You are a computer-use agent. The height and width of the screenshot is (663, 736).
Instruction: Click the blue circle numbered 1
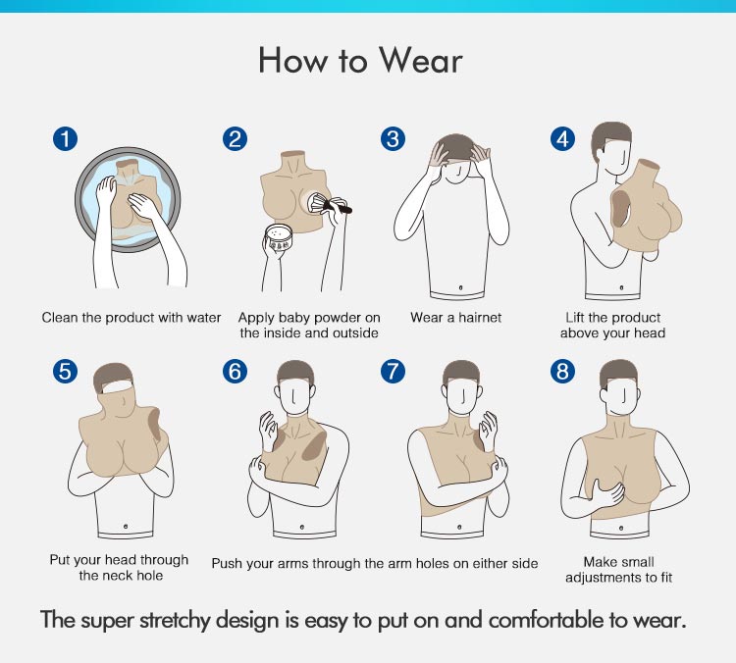pyautogui.click(x=65, y=139)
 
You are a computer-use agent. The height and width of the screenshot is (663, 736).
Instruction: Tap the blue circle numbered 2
pyautogui.click(x=235, y=139)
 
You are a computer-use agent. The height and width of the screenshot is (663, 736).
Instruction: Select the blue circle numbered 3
pyautogui.click(x=393, y=139)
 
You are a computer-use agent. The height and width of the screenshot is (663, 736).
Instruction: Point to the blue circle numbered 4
pyautogui.click(x=562, y=139)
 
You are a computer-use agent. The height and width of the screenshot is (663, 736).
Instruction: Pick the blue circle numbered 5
pyautogui.click(x=65, y=371)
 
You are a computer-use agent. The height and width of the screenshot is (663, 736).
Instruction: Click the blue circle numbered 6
pyautogui.click(x=235, y=371)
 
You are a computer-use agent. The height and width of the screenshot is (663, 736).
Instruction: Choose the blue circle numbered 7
pyautogui.click(x=393, y=371)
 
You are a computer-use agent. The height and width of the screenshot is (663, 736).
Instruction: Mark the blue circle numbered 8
pyautogui.click(x=562, y=371)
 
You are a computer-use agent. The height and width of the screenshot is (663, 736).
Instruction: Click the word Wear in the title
pyautogui.click(x=421, y=61)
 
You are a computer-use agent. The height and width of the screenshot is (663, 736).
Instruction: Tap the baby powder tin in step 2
pyautogui.click(x=279, y=238)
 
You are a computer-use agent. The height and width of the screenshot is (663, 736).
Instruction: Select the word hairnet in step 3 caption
pyautogui.click(x=480, y=318)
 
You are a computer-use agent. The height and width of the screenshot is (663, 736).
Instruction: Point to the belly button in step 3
pyautogui.click(x=460, y=287)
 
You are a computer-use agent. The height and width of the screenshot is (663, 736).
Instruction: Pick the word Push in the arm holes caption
pyautogui.click(x=226, y=563)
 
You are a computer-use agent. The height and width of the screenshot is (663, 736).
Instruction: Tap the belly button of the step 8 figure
pyautogui.click(x=621, y=529)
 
